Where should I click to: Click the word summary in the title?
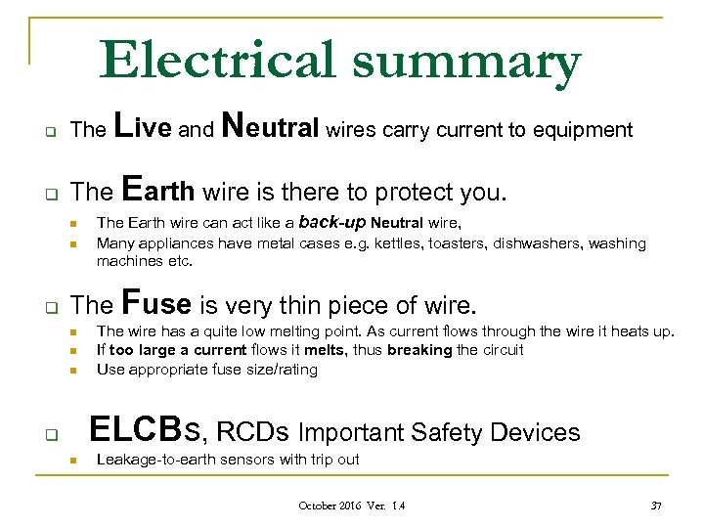pyautogui.click(x=466, y=63)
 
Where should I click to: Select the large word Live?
pyautogui.click(x=144, y=127)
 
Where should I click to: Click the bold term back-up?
pyautogui.click(x=332, y=221)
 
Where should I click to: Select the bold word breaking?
pyautogui.click(x=419, y=350)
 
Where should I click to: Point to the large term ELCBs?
pyautogui.click(x=148, y=430)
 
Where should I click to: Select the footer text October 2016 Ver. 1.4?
pyautogui.click(x=351, y=506)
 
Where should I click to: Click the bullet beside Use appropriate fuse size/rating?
pyautogui.click(x=71, y=370)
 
